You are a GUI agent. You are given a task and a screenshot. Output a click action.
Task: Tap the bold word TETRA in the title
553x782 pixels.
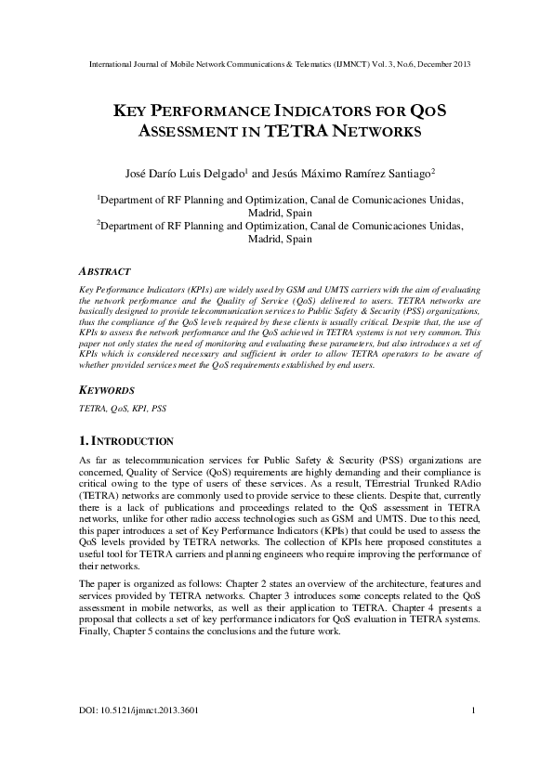coord(296,131)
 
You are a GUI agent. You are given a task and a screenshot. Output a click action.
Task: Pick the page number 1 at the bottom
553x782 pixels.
coord(474,737)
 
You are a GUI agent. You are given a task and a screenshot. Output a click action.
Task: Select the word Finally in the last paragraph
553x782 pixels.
coord(95,630)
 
